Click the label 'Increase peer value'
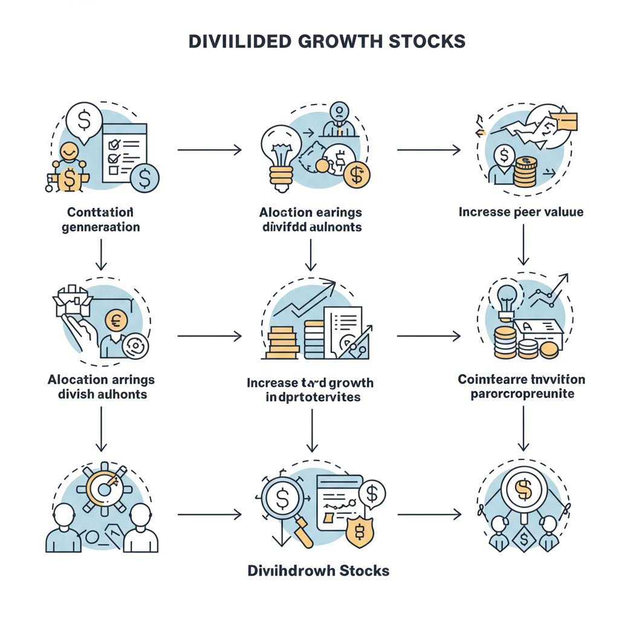(520, 212)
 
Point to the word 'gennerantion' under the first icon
(101, 228)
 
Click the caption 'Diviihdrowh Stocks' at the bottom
(319, 571)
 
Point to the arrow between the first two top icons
(209, 149)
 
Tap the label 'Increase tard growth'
(310, 383)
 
